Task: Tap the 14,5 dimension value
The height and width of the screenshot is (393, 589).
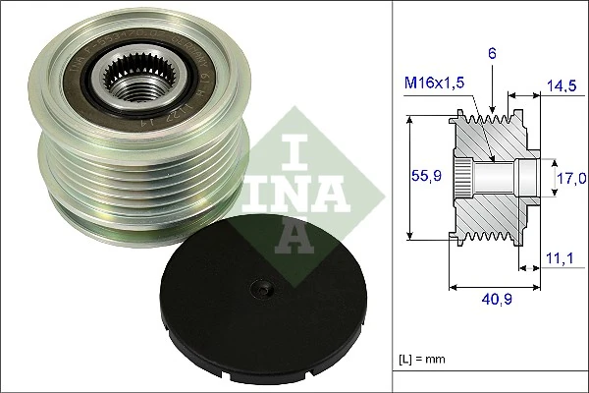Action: (x=562, y=86)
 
